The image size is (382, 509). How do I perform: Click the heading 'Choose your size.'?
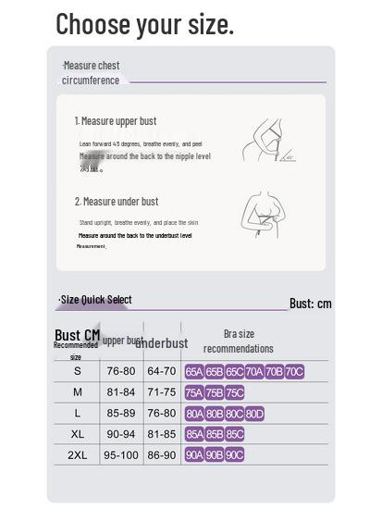[x=144, y=24]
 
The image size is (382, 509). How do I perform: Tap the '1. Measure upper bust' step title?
[x=116, y=121]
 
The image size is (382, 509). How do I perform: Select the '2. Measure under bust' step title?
[x=117, y=202]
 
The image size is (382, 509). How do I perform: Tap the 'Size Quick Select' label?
[x=96, y=300]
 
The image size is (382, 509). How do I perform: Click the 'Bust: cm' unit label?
[x=310, y=304]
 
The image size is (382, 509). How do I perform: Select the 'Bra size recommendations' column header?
[x=239, y=341]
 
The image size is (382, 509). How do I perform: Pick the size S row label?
[x=78, y=371]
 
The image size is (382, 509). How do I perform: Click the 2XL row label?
[x=78, y=454]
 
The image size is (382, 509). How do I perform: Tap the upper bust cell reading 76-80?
[x=121, y=371]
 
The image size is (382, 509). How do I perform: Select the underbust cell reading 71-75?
[x=161, y=392]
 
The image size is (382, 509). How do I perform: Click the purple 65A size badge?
[x=194, y=372]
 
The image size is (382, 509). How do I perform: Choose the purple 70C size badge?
[x=294, y=372]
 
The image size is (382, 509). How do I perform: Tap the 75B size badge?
[x=215, y=392]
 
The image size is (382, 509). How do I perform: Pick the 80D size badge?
[x=254, y=414]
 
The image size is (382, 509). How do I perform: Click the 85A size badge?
[x=194, y=434]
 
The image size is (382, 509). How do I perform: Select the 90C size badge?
[x=235, y=454]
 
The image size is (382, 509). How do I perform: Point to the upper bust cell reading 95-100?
[x=121, y=454]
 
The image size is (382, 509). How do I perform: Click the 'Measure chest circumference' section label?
[x=91, y=73]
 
